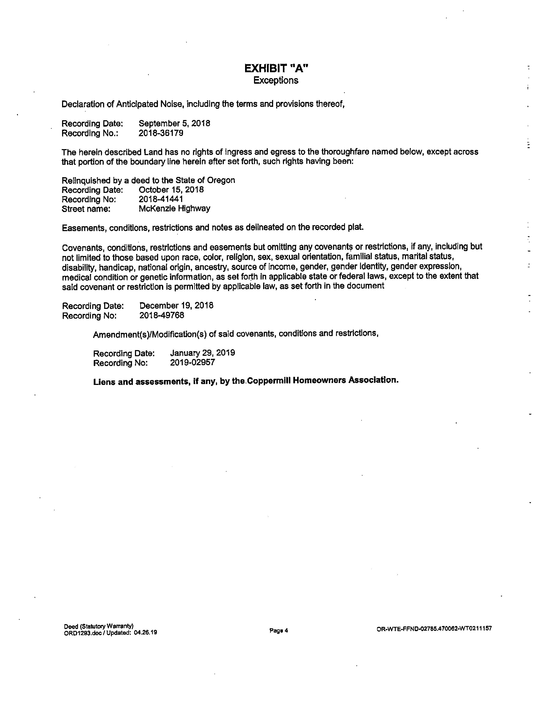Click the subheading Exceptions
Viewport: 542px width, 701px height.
tap(276, 80)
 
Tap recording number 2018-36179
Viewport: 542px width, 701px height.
tap(161, 133)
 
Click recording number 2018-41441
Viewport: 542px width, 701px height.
tap(161, 199)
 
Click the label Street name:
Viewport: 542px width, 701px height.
tap(86, 209)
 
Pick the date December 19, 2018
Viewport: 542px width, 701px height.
tap(176, 305)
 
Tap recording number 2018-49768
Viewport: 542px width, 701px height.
tap(162, 315)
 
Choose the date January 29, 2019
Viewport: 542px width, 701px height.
tap(202, 353)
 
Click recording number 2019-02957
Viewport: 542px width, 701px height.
tap(192, 362)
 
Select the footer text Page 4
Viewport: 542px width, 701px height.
tap(279, 630)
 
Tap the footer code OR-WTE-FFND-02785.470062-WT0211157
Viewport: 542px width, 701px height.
tap(434, 629)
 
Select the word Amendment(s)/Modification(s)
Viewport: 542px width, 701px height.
tap(150, 334)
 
